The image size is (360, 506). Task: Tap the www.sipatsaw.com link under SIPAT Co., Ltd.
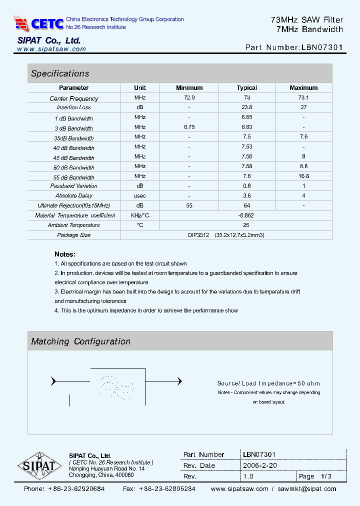(51, 49)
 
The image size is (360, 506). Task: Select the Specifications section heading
(60, 73)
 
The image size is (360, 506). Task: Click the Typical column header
(246, 88)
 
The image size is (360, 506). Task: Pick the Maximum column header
(303, 88)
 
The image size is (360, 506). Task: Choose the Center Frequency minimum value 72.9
(189, 97)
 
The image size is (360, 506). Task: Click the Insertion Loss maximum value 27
(303, 107)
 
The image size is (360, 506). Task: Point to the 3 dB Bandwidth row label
(74, 128)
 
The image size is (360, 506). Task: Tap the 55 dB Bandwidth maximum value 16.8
(303, 176)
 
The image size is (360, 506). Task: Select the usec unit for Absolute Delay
(140, 195)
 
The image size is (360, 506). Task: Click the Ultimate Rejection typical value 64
(246, 205)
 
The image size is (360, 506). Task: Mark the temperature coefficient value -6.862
(246, 215)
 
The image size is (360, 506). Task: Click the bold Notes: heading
(65, 254)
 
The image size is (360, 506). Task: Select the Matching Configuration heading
(80, 341)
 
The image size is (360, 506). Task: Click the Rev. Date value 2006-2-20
(260, 465)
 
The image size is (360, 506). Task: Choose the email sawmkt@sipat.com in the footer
(307, 489)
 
